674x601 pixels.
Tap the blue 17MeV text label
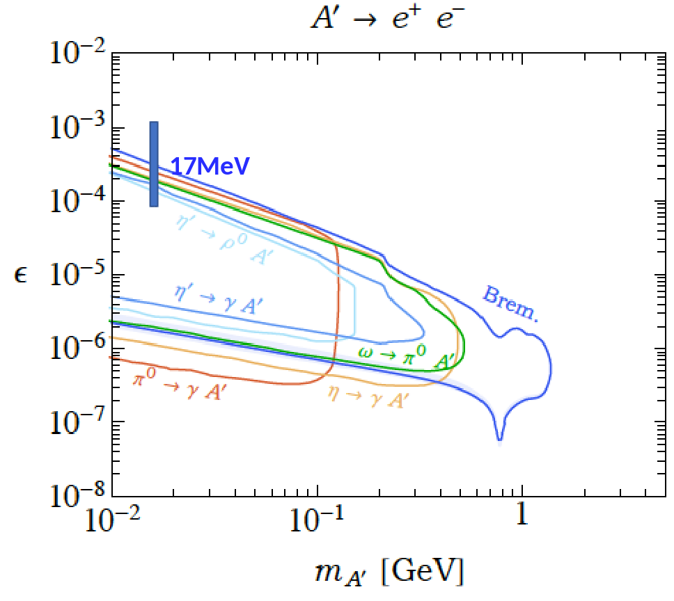coord(210,166)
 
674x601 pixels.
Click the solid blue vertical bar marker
coord(154,164)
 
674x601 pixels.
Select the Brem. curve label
coord(510,304)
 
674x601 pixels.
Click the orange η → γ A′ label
coord(368,396)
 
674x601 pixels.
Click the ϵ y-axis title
coord(20,275)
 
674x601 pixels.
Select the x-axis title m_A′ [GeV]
coord(389,572)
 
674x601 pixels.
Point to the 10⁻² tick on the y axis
coord(78,54)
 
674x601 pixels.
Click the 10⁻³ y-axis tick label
coord(78,127)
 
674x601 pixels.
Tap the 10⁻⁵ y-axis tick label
coord(78,274)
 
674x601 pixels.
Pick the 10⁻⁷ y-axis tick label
coord(78,422)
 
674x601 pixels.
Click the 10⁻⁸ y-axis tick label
coord(78,495)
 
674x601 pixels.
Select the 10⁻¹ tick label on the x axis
coord(317,520)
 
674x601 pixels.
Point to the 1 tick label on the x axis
coord(522,514)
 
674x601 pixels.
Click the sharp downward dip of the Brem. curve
coord(499,440)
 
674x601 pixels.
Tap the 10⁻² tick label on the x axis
coord(113,520)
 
